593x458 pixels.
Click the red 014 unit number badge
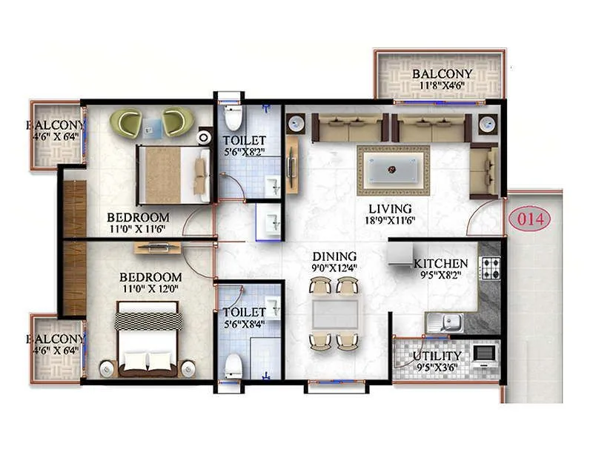click(531, 219)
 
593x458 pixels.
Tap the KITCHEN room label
click(440, 264)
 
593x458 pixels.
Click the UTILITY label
click(437, 356)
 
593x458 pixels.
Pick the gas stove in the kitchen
click(491, 268)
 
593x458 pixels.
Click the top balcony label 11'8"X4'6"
click(442, 86)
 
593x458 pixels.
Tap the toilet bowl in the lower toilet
click(234, 365)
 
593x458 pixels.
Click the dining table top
click(334, 313)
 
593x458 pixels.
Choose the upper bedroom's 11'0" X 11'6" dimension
click(138, 230)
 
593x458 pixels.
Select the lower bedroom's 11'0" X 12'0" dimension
click(150, 289)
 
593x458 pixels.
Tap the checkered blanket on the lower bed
click(148, 320)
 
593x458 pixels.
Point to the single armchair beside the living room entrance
click(483, 170)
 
